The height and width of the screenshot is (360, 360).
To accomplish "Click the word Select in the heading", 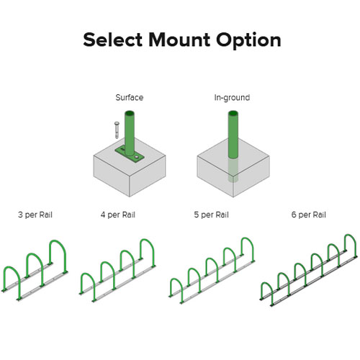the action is pyautogui.click(x=113, y=40).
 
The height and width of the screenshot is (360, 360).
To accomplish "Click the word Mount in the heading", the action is pyautogui.click(x=179, y=40).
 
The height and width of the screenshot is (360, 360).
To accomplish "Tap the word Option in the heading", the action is pyautogui.click(x=248, y=41).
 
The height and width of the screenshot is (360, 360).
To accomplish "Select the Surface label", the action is pyautogui.click(x=130, y=97).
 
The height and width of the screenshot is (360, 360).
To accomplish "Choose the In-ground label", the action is pyautogui.click(x=232, y=98).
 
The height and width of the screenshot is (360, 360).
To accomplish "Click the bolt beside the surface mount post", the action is pyautogui.click(x=117, y=130).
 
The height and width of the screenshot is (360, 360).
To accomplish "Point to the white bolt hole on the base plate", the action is pyautogui.click(x=137, y=157).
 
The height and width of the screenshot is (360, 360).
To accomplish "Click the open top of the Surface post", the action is pyautogui.click(x=130, y=113).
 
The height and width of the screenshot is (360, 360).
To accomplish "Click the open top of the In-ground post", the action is pyautogui.click(x=233, y=113).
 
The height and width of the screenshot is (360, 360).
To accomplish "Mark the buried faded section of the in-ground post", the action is pyautogui.click(x=233, y=171).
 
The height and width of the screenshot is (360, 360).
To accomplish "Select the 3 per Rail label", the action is pyautogui.click(x=35, y=215).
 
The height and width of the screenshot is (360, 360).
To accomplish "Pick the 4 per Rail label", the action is pyautogui.click(x=118, y=215).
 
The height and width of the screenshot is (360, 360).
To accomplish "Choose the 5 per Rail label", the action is pyautogui.click(x=211, y=215).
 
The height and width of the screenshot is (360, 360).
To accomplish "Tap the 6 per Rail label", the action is pyautogui.click(x=309, y=215).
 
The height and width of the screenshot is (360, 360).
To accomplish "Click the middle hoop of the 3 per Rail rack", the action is pyautogui.click(x=35, y=254).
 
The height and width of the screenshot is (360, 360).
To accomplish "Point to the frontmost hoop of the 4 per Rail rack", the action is pyautogui.click(x=88, y=274).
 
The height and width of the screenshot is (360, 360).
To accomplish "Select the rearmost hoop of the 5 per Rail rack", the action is pyautogui.click(x=247, y=238).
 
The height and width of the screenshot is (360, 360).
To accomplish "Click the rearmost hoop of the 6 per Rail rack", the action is pyautogui.click(x=350, y=235).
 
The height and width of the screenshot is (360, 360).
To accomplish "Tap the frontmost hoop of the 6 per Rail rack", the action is pyautogui.click(x=266, y=284).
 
